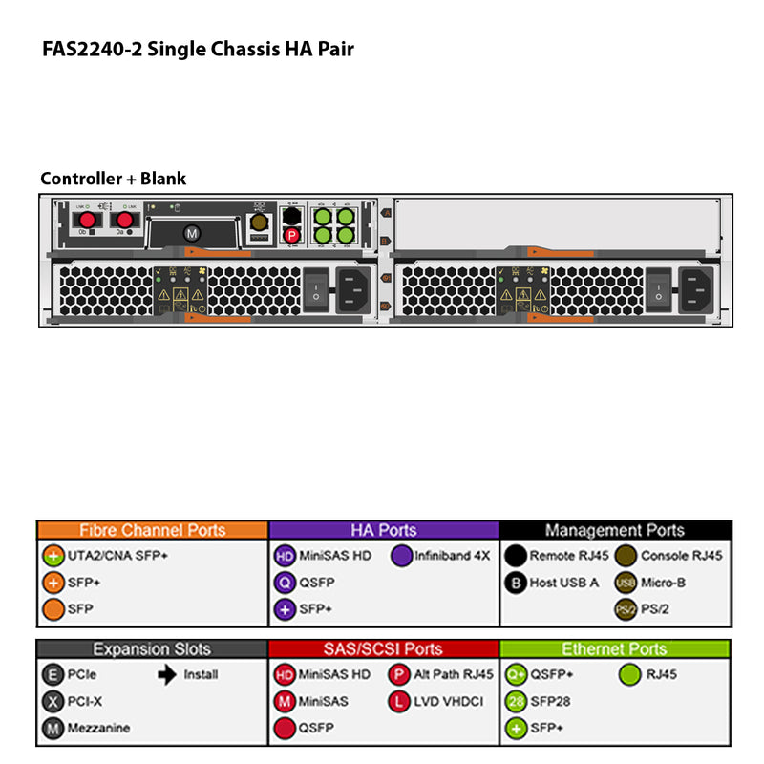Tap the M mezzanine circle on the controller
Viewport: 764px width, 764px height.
[191, 232]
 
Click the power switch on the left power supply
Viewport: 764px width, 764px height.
[315, 286]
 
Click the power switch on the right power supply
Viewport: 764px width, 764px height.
[658, 286]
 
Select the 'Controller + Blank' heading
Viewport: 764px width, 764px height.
[113, 179]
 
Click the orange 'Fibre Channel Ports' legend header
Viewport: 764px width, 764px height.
[153, 530]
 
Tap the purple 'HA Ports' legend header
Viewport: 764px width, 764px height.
[384, 530]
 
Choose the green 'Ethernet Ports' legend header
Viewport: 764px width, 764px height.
[614, 649]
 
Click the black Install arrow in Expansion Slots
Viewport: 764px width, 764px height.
[167, 674]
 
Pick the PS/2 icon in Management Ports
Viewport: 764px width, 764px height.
[626, 608]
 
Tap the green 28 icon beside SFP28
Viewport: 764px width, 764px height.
[516, 701]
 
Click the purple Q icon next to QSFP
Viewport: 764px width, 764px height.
[285, 582]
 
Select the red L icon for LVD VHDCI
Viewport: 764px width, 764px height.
[399, 701]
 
